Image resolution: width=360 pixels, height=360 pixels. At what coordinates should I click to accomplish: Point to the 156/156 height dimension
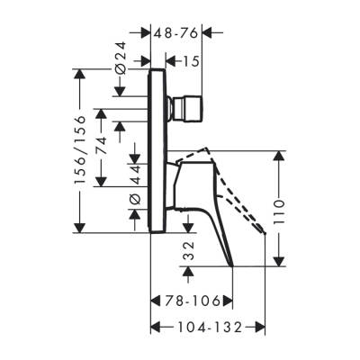[x=79, y=148]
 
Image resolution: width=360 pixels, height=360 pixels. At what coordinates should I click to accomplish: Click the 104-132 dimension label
[x=208, y=328]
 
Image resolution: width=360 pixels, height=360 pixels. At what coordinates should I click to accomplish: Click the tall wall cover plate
[x=156, y=148]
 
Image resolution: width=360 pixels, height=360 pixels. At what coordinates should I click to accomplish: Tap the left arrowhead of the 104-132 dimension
[x=154, y=328]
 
